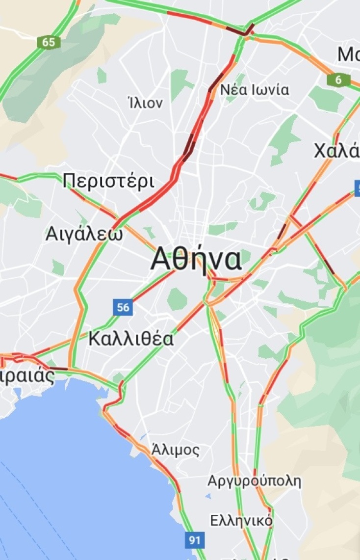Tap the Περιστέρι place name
pos(109,182)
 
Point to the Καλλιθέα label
pos(131,339)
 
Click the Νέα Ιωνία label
pos(255,90)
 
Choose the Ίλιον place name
pos(145,103)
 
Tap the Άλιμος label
pos(176,450)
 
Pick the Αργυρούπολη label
pos(254,480)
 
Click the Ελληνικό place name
pos(241,520)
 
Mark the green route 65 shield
pos(49,42)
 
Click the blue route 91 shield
pos(195,540)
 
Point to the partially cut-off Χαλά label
pos(337,151)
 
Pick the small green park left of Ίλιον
pos(102,76)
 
